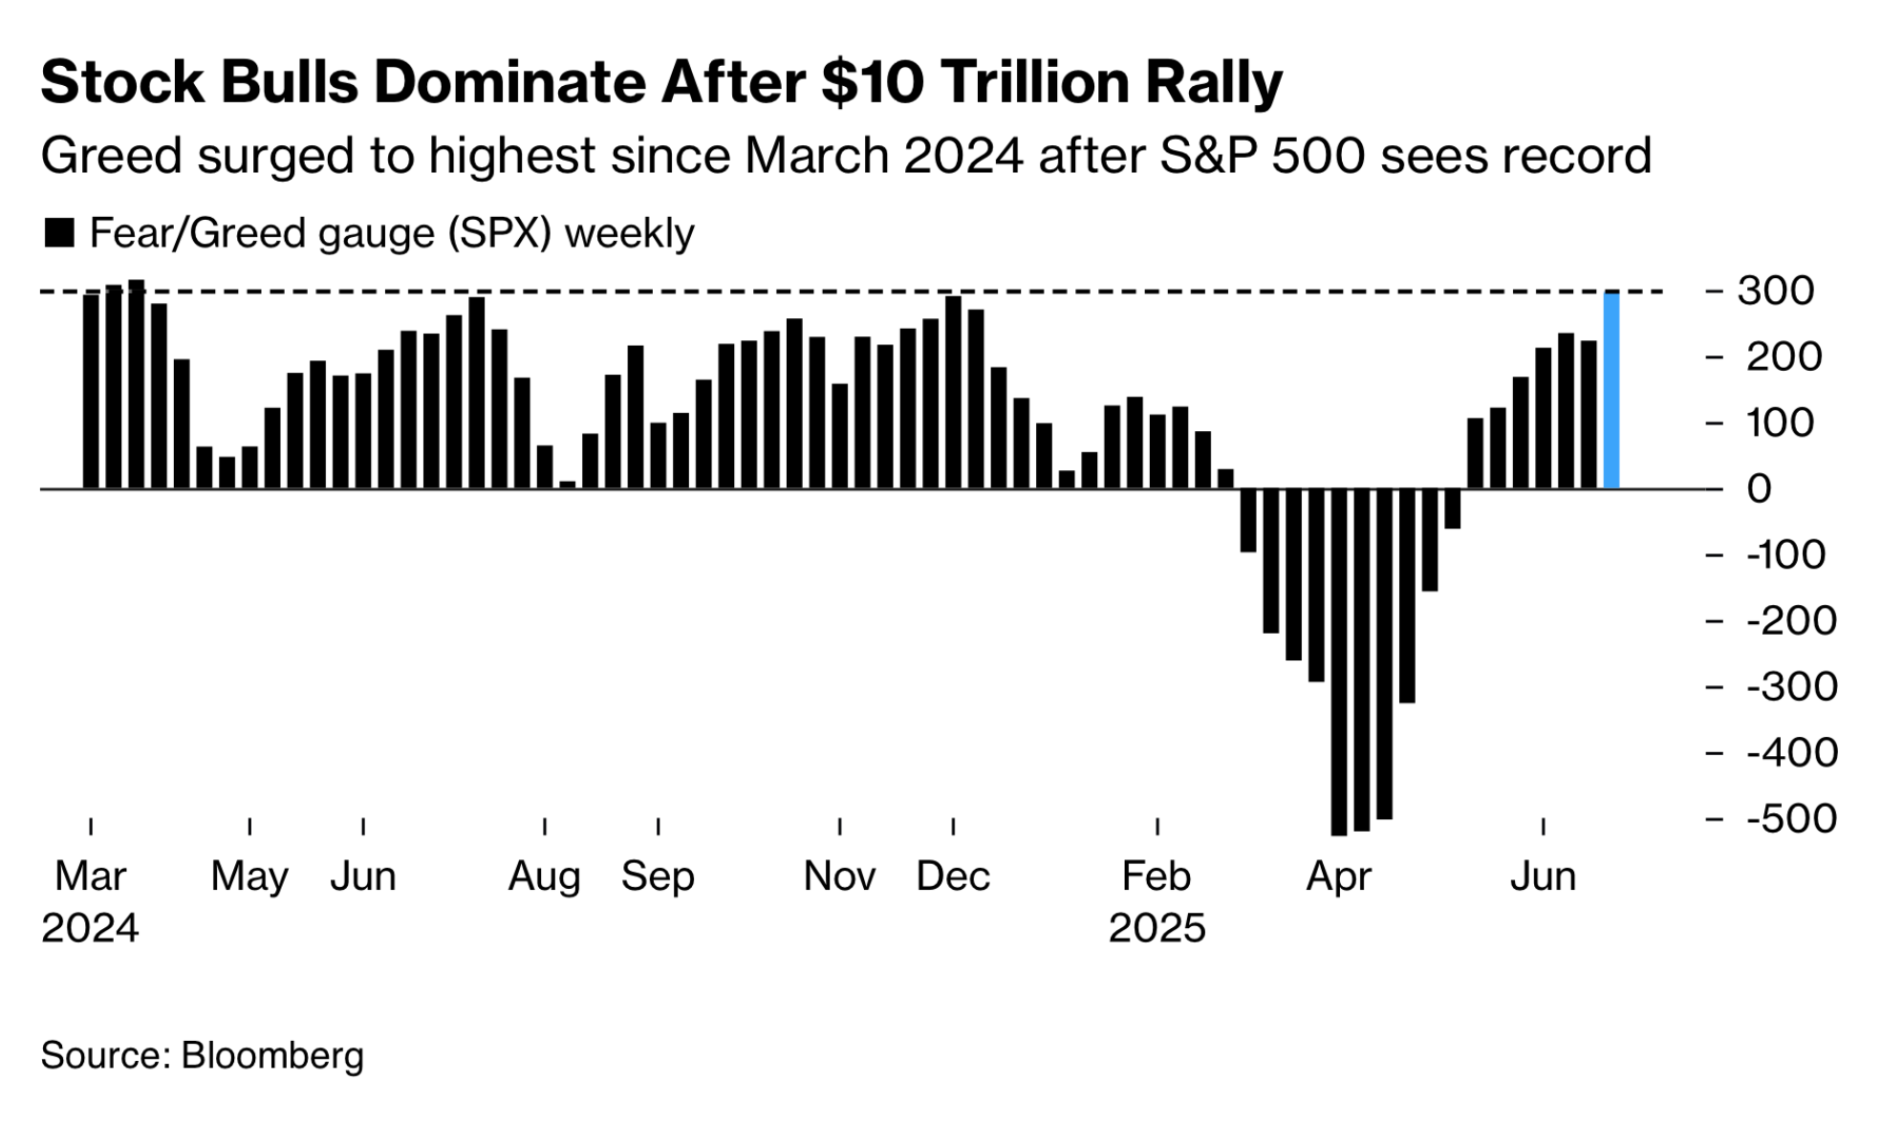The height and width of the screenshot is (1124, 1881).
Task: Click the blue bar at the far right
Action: (x=1611, y=390)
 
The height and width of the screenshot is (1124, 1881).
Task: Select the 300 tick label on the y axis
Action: (x=1776, y=291)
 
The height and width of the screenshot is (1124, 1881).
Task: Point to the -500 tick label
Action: (x=1790, y=819)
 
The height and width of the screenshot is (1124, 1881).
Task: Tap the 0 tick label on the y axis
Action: (x=1759, y=489)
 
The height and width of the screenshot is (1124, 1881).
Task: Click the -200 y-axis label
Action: (x=1790, y=621)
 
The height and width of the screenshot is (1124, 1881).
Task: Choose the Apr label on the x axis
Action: (x=1338, y=876)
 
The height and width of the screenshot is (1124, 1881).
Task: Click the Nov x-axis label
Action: (x=839, y=876)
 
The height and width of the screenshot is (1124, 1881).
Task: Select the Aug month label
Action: (x=544, y=876)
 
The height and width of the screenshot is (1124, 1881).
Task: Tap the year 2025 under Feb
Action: (x=1157, y=928)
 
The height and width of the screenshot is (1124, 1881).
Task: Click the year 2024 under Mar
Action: (x=90, y=928)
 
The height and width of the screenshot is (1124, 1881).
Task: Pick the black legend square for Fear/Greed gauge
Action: (x=59, y=233)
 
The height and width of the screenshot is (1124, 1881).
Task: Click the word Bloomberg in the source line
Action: (x=272, y=1055)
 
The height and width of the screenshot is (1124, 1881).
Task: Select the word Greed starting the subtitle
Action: (x=111, y=156)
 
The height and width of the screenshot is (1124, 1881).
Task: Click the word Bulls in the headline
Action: (x=289, y=82)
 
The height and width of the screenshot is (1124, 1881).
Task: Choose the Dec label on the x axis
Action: (x=952, y=876)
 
